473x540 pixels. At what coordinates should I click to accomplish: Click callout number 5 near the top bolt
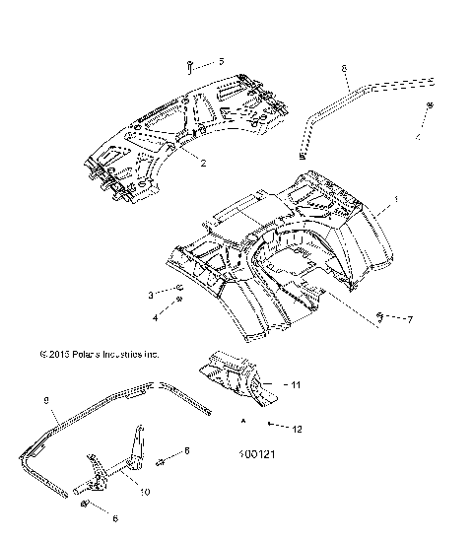[221, 62]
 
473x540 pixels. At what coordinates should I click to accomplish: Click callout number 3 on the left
[151, 295]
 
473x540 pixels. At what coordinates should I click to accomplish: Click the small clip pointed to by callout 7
[381, 315]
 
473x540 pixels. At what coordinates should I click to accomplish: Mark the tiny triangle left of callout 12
[243, 420]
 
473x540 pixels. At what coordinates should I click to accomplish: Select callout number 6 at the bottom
[114, 517]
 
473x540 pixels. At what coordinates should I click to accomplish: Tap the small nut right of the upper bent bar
[431, 105]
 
